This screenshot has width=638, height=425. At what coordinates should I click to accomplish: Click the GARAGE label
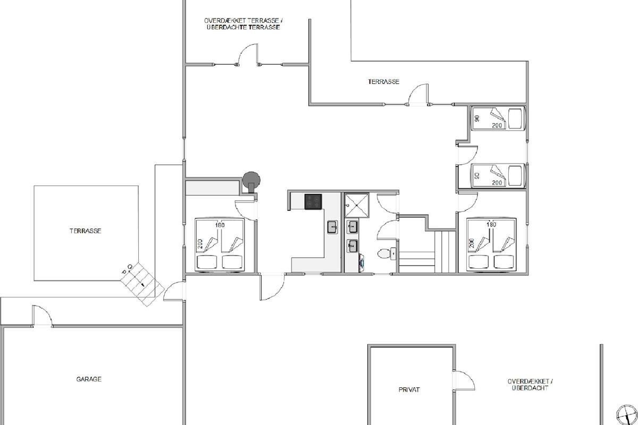pos(89,379)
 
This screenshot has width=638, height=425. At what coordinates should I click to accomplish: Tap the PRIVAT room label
pos(409,390)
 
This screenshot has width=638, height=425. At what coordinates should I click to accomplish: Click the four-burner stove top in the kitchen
pos(313,201)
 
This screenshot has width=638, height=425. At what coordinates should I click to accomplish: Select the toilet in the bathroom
pos(387,253)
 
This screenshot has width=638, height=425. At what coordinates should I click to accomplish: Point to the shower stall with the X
pos(357,206)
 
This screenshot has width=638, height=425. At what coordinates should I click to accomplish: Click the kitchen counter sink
pos(332,227)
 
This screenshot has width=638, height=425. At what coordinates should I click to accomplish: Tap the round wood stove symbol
pos(251,181)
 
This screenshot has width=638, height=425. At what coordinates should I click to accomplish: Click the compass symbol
pos(627,414)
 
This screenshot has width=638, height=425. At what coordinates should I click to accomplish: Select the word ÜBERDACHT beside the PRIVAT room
pos(530,388)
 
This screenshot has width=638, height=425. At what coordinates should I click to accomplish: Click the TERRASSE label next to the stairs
pos(86,231)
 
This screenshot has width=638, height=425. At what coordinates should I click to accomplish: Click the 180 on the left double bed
pos(220,225)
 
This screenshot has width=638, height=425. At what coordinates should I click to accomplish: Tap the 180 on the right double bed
pos(491,224)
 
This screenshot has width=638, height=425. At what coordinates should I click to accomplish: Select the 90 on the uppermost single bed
pos(477,118)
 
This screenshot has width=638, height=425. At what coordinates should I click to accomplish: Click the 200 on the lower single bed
pos(497,182)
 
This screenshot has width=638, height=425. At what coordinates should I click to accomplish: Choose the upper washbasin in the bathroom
pos(352,227)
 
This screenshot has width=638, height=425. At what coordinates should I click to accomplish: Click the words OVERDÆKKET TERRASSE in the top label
pos(241,21)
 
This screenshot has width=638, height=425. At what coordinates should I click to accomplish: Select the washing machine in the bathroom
pos(362,263)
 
